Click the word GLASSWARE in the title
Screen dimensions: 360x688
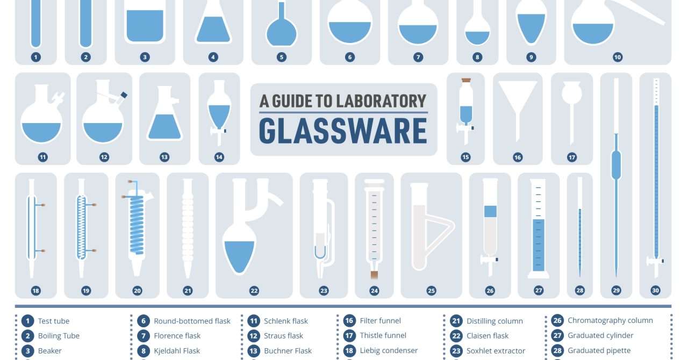click(x=343, y=131)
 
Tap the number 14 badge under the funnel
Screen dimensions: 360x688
click(x=219, y=157)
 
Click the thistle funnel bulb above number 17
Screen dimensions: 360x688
click(x=572, y=92)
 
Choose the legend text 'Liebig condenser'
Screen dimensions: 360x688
click(x=389, y=350)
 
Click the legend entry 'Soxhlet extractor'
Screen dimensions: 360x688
click(x=496, y=351)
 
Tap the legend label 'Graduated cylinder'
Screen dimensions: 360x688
click(x=600, y=335)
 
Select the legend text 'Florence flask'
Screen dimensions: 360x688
click(x=177, y=336)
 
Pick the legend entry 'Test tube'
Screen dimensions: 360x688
click(x=54, y=321)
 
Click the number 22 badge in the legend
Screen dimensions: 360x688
click(x=456, y=336)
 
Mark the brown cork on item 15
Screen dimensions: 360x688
click(x=466, y=81)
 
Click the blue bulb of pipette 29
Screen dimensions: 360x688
click(x=616, y=165)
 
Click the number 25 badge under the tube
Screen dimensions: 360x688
click(x=431, y=291)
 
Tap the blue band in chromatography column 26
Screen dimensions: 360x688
click(x=490, y=211)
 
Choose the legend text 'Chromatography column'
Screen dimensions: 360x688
click(x=610, y=321)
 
